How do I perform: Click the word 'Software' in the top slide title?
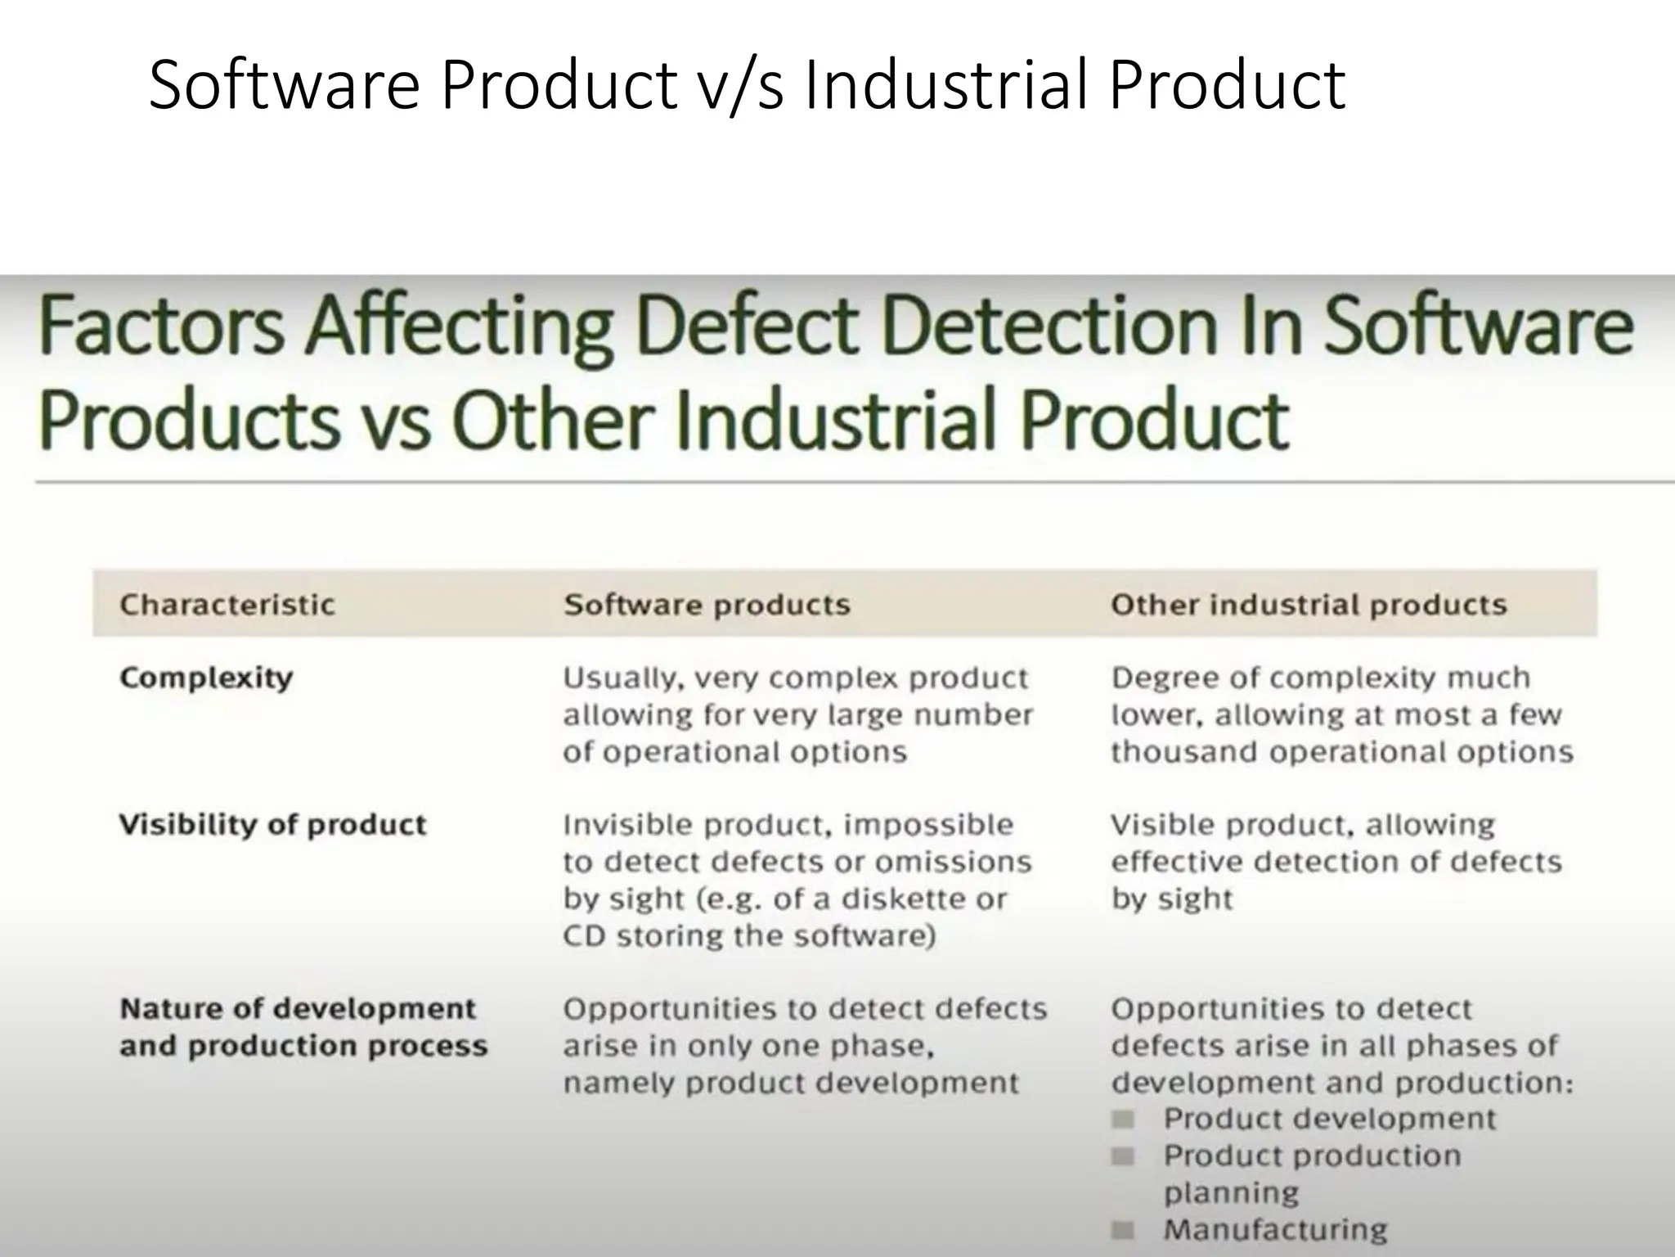(284, 85)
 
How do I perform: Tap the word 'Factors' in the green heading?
(162, 327)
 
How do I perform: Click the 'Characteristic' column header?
(227, 605)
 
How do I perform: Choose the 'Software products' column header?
(707, 605)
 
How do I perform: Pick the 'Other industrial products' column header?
(1308, 605)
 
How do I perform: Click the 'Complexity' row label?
(206, 678)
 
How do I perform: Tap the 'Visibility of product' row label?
(273, 824)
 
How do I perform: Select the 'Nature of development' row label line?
(298, 1008)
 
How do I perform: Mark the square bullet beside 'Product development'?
(1124, 1119)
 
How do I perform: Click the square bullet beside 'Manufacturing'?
(1124, 1229)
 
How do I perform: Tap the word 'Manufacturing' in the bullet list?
(1275, 1229)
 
